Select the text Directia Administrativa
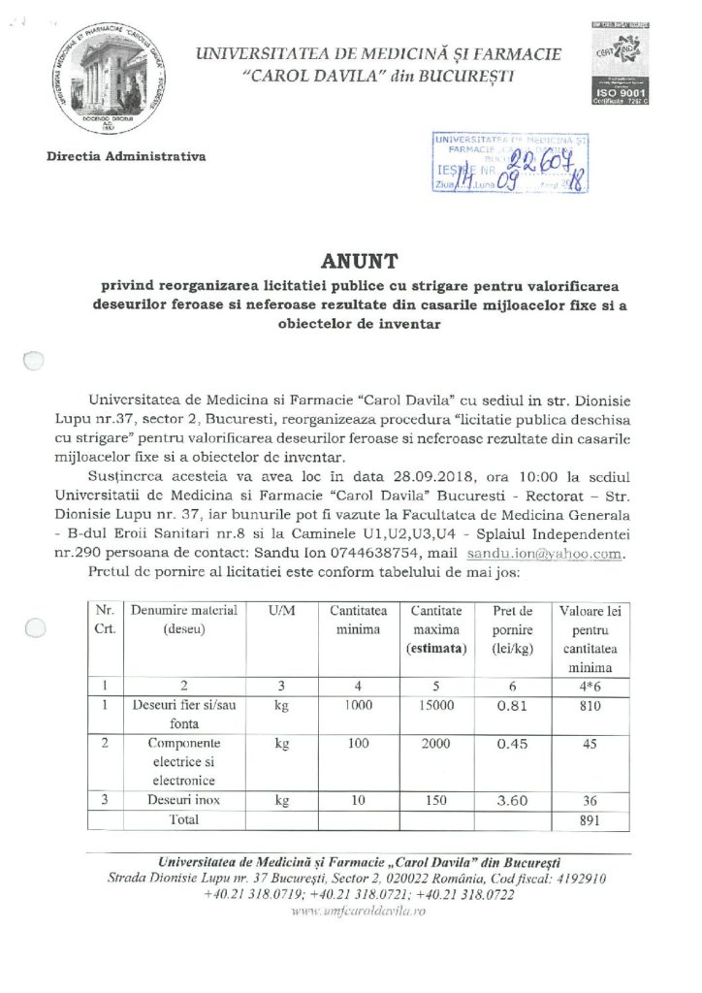pyautogui.click(x=125, y=155)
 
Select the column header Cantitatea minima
pyautogui.click(x=358, y=621)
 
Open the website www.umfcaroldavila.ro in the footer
pyautogui.click(x=350, y=911)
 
